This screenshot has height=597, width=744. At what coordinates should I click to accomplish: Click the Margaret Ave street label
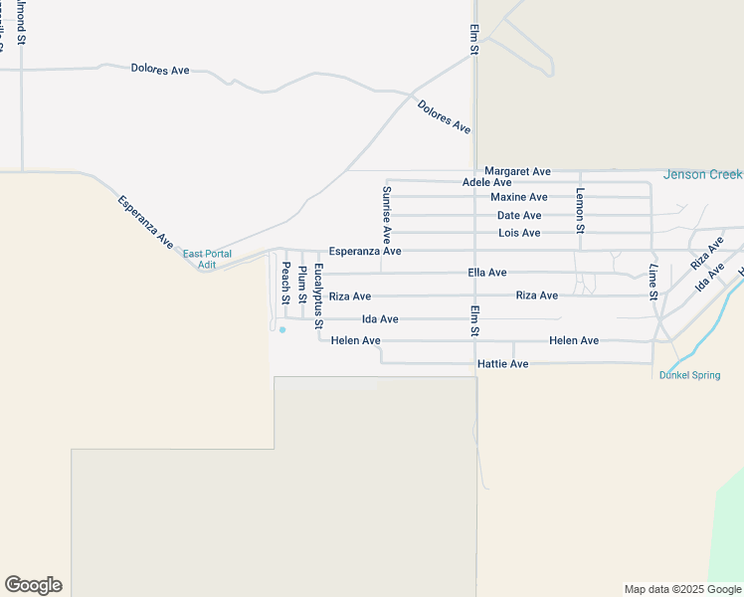[x=517, y=172]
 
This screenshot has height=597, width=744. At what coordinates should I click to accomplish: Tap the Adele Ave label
[x=487, y=183]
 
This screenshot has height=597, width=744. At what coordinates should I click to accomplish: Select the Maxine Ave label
[x=519, y=197]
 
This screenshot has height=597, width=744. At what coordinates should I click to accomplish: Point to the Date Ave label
[x=519, y=215]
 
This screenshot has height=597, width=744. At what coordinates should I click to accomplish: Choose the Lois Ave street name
[x=519, y=233]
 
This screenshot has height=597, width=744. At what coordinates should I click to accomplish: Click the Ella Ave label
[x=486, y=273]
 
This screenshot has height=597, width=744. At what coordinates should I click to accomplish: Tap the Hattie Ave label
[x=504, y=364]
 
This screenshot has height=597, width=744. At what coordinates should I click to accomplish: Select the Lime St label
[x=653, y=283]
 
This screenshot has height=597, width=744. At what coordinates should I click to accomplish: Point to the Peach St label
[x=285, y=283]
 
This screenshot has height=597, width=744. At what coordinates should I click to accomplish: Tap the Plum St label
[x=302, y=285]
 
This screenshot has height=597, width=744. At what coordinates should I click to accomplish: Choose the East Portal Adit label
[x=207, y=260]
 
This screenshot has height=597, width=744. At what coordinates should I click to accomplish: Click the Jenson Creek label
[x=702, y=175]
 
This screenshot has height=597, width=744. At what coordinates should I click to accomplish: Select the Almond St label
[x=21, y=24]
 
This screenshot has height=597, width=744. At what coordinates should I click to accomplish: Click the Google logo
[x=33, y=585]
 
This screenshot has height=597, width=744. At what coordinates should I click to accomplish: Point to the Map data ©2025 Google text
[x=681, y=589]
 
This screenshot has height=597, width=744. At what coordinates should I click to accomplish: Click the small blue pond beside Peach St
[x=282, y=329]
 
